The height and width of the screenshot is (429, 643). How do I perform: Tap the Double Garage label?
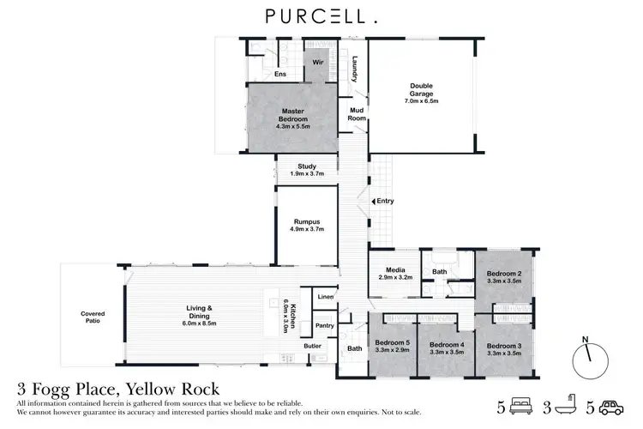coord(421,90)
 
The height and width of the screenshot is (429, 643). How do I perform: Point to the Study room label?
coord(307,170)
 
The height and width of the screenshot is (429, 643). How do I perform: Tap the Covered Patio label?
coord(92,317)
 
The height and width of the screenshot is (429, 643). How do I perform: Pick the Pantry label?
coord(324,325)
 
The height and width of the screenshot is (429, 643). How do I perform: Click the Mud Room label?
coord(357,115)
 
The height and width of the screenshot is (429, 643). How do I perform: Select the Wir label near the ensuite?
coord(315,63)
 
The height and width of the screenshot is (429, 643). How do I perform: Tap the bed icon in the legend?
coord(520,404)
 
